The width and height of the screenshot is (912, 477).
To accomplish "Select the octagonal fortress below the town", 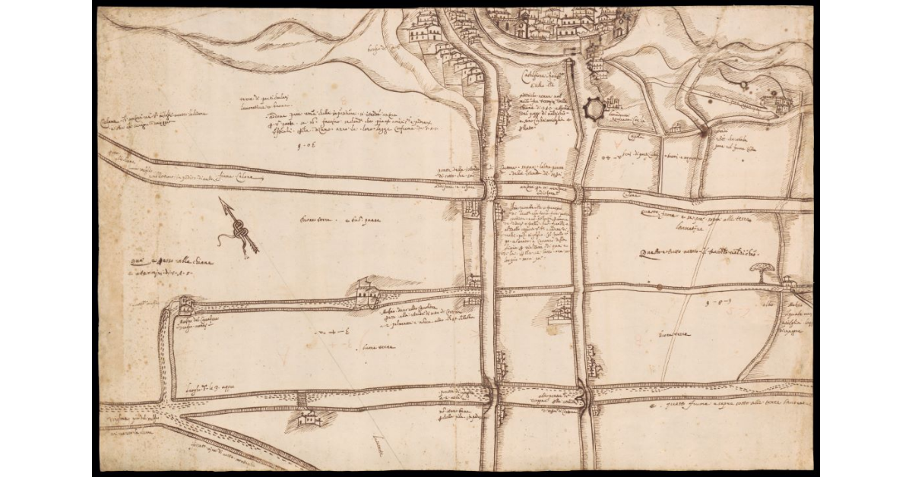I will click(594, 110).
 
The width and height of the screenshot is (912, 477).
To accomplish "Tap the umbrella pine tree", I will click(760, 271).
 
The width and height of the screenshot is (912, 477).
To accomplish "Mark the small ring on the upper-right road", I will click(742, 85).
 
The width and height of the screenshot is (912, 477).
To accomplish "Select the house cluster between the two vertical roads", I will click(562, 309).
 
